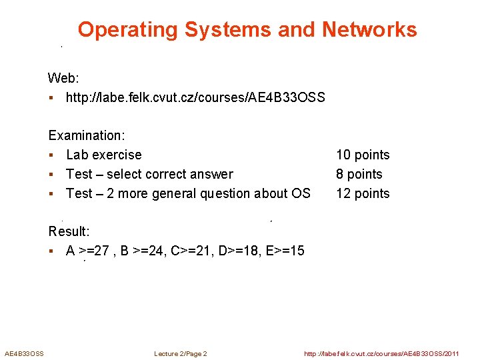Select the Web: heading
pyautogui.click(x=64, y=79)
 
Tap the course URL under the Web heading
pyautogui.click(x=195, y=98)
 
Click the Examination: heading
pyautogui.click(x=87, y=135)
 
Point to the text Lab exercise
pyautogui.click(x=104, y=155)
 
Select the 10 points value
pyautogui.click(x=363, y=155)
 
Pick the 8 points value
pyautogui.click(x=359, y=174)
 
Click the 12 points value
pyautogui.click(x=363, y=193)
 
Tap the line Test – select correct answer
pyautogui.click(x=149, y=174)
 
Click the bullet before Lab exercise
pyautogui.click(x=51, y=155)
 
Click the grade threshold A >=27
pyautogui.click(x=90, y=251)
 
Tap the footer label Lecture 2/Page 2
pyautogui.click(x=180, y=353)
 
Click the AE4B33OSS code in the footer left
pyautogui.click(x=24, y=353)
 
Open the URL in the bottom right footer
pyautogui.click(x=381, y=353)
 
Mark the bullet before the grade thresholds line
pyautogui.click(x=51, y=251)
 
